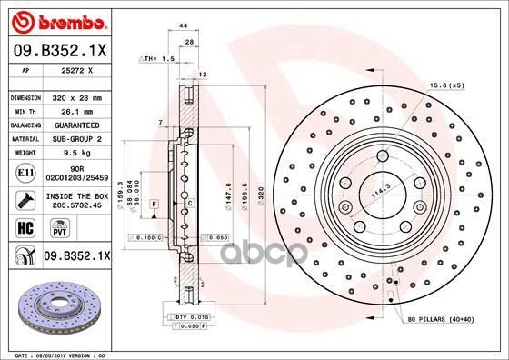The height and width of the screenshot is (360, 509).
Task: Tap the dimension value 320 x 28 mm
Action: (x=83, y=96)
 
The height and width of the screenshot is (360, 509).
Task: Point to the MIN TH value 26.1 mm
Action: (x=83, y=108)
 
